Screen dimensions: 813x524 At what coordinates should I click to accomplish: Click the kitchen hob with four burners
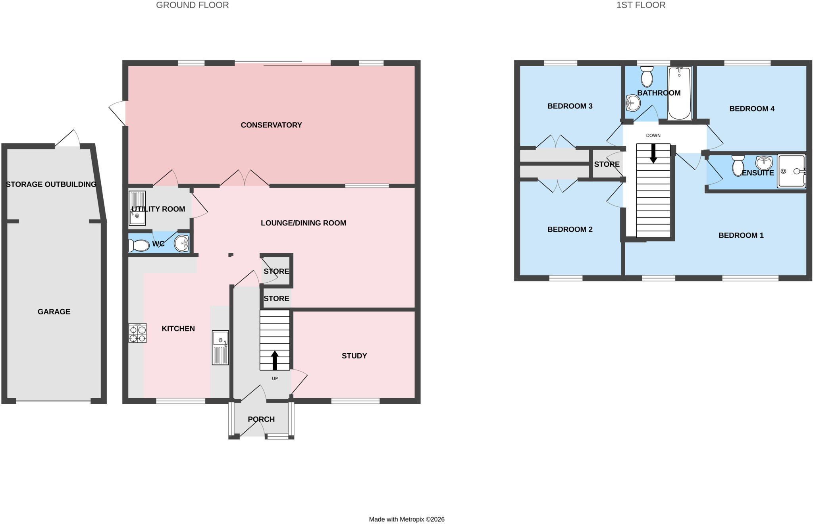(x=137, y=333)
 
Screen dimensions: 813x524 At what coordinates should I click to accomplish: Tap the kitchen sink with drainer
(x=220, y=347)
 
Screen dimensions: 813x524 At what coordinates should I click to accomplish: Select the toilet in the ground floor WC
(x=139, y=245)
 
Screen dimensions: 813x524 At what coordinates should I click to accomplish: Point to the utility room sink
(x=137, y=208)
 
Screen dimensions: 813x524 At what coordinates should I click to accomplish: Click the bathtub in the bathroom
(x=680, y=93)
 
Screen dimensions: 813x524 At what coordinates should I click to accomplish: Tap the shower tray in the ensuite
(x=792, y=171)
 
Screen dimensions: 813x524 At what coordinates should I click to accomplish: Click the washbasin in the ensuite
(x=764, y=163)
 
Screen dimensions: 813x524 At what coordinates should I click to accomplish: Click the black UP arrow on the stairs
(x=275, y=360)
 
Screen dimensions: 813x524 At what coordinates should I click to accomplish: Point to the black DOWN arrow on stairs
(x=653, y=154)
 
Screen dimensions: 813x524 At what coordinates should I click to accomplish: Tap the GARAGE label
(x=54, y=312)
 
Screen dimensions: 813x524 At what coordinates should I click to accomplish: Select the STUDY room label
(x=354, y=356)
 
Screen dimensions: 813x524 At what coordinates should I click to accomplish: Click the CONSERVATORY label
(x=271, y=125)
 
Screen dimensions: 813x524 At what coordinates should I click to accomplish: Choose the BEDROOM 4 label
(x=752, y=109)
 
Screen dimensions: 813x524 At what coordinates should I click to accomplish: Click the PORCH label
(x=261, y=419)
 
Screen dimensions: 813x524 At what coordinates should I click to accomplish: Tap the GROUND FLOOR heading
(x=192, y=5)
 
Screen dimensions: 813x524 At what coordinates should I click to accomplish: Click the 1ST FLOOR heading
(x=641, y=5)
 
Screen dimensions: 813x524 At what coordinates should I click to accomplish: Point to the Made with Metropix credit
(x=406, y=519)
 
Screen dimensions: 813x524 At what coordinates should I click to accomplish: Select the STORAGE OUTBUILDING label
(x=51, y=184)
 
